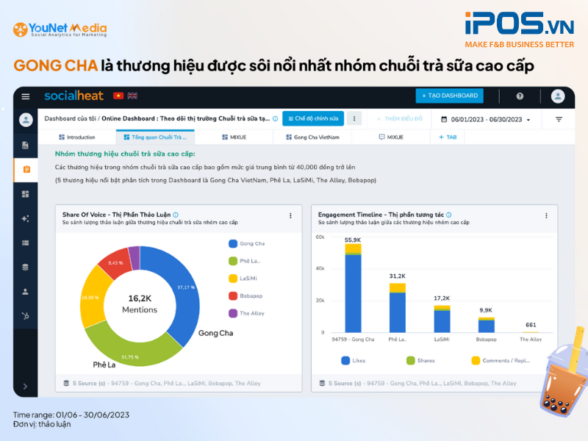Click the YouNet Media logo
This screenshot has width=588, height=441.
click(60, 30)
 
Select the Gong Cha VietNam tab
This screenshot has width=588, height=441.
click(312, 137)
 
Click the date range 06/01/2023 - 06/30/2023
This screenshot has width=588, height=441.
click(486, 119)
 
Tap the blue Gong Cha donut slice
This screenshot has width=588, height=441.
click(179, 286)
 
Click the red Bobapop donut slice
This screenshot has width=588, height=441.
click(113, 262)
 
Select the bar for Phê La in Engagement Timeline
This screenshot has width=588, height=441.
click(398, 309)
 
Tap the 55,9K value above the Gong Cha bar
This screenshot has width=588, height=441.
click(353, 240)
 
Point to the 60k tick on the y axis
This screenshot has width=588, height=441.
click(320, 237)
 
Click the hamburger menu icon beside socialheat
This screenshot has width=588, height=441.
click(26, 96)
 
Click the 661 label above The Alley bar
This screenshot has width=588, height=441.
click(531, 325)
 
